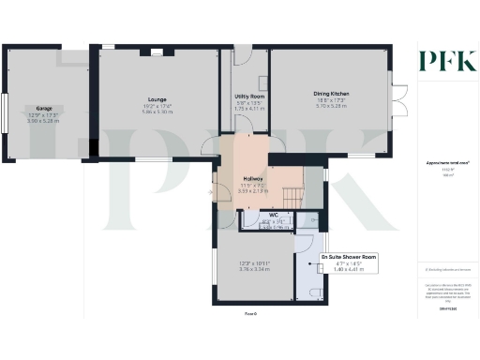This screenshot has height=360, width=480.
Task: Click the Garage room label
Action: (x=43, y=108)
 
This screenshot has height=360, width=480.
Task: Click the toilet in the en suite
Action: (x=316, y=293)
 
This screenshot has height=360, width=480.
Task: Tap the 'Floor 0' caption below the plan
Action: (x=250, y=312)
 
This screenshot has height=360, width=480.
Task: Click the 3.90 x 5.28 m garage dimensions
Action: (x=43, y=121)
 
